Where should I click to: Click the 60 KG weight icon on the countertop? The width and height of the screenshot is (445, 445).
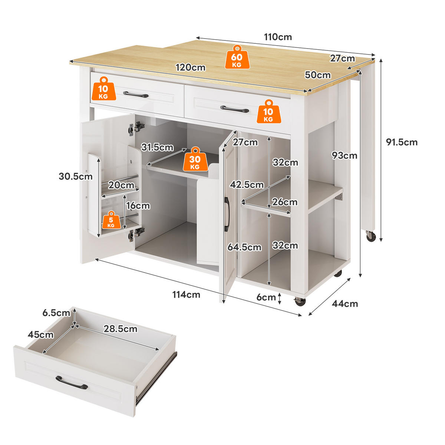click(x=237, y=57)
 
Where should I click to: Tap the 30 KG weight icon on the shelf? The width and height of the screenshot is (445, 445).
click(x=195, y=159)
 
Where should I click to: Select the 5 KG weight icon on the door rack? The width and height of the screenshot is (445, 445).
click(x=111, y=220)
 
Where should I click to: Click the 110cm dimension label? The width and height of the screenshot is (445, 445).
click(x=278, y=37)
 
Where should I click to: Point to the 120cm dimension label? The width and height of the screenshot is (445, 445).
click(x=190, y=67)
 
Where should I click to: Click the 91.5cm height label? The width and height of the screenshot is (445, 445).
click(x=402, y=142)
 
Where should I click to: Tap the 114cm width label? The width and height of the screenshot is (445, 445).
click(x=186, y=294)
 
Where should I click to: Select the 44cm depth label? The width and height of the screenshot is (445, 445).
click(x=345, y=304)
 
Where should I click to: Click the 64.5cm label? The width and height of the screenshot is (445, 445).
click(x=244, y=247)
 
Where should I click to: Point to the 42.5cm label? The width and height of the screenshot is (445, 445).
click(x=247, y=184)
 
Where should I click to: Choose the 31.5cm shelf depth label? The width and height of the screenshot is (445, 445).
click(x=157, y=147)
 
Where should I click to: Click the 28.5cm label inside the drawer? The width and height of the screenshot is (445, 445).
click(x=120, y=329)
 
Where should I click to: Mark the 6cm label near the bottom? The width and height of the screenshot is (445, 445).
click(x=266, y=297)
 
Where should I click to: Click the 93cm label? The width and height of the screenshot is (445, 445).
click(x=345, y=155)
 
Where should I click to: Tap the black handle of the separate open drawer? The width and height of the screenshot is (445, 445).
click(x=72, y=382)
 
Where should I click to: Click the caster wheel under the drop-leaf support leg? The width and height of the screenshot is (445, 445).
click(x=370, y=236)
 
